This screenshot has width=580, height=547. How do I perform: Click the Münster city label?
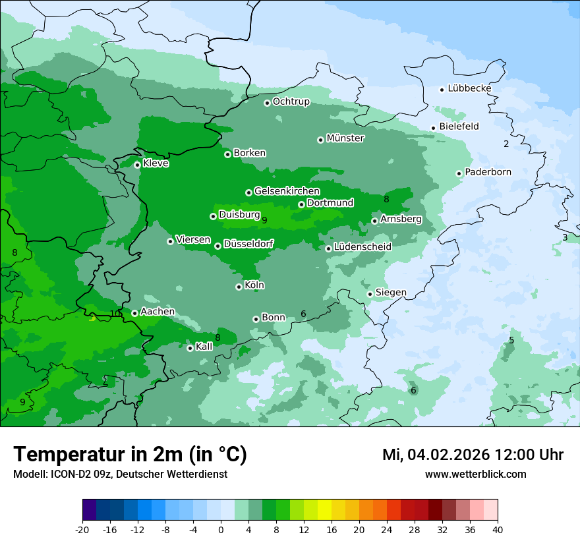[345, 138]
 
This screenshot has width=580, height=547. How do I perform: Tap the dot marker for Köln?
[239, 287]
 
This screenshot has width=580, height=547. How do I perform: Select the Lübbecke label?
[469, 88]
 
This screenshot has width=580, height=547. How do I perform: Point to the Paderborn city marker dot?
[459, 173]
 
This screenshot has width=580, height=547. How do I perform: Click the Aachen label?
[158, 312]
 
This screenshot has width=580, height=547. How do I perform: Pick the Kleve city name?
[156, 163]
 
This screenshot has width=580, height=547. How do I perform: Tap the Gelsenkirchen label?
[287, 191]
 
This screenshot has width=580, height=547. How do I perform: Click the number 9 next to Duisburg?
[264, 220]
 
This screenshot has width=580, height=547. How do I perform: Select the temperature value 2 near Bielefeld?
[506, 144]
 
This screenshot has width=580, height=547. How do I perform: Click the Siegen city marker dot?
[370, 294]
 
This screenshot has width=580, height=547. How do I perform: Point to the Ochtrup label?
[291, 101]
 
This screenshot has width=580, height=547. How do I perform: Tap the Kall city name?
[204, 347]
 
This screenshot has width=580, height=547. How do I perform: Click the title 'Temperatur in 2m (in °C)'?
[130, 454]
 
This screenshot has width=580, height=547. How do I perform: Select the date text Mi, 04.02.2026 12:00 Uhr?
[473, 455]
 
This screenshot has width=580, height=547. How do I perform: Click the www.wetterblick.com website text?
[475, 474]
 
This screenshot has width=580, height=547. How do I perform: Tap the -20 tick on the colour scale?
[82, 529]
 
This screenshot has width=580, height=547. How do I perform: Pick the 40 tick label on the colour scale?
[498, 529]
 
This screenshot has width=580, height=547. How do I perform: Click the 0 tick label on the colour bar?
[221, 529]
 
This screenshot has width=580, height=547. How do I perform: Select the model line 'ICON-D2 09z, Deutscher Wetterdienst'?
[120, 474]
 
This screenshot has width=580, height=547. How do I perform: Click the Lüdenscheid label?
[362, 247]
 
